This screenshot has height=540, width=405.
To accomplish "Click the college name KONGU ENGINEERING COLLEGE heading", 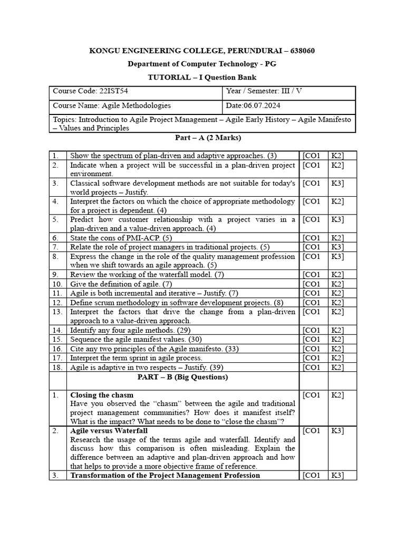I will tap(202, 51).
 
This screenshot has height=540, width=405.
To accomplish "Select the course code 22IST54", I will tap(114, 91).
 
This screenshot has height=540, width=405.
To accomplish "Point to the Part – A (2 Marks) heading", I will tap(202, 138).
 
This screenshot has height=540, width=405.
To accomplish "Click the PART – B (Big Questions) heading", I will tap(182, 377).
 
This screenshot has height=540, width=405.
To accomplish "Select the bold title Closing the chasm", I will tap(102, 395).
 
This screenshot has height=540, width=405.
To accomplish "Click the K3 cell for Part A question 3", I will tap(337, 184).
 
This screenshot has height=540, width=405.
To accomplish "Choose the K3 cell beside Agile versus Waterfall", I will tap(337, 431).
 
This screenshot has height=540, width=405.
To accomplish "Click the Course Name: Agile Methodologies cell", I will tap(112, 105).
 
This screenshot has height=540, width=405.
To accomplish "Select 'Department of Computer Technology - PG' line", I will tap(202, 64).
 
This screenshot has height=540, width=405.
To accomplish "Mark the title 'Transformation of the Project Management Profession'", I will tap(165, 475).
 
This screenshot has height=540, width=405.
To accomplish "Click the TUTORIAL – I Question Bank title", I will tap(202, 77).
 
